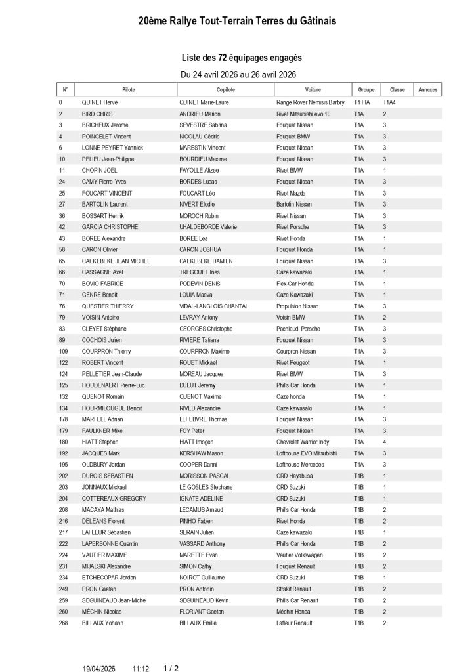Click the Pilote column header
click(128, 89)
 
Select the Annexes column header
click(428, 89)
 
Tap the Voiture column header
click(313, 89)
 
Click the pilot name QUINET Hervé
click(100, 102)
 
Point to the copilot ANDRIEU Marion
click(200, 114)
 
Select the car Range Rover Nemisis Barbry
click(310, 102)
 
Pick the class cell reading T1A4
click(390, 102)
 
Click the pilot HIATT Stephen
click(99, 442)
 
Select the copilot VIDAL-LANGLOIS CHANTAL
click(213, 306)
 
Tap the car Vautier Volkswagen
click(299, 555)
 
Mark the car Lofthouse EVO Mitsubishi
click(307, 453)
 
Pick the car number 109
click(64, 351)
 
